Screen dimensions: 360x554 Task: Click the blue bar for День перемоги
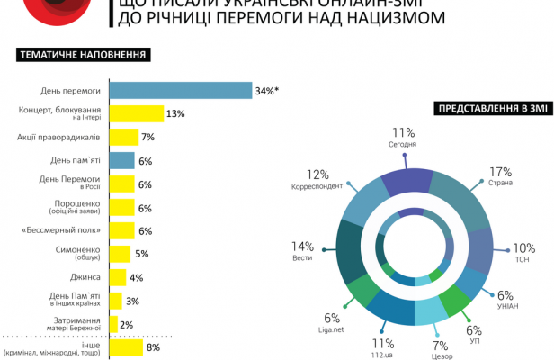click(180, 90)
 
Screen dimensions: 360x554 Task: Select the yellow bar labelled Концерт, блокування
click(136, 113)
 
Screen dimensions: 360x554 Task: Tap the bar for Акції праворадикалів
click(123, 137)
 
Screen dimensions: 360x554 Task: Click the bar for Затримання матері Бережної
click(112, 324)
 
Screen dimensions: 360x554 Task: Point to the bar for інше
click(125, 346)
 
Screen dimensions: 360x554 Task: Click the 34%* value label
click(268, 90)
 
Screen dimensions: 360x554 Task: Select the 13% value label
click(175, 113)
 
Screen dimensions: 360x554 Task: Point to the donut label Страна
click(501, 184)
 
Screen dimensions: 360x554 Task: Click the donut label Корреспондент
click(316, 187)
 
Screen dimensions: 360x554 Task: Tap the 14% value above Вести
click(302, 246)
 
